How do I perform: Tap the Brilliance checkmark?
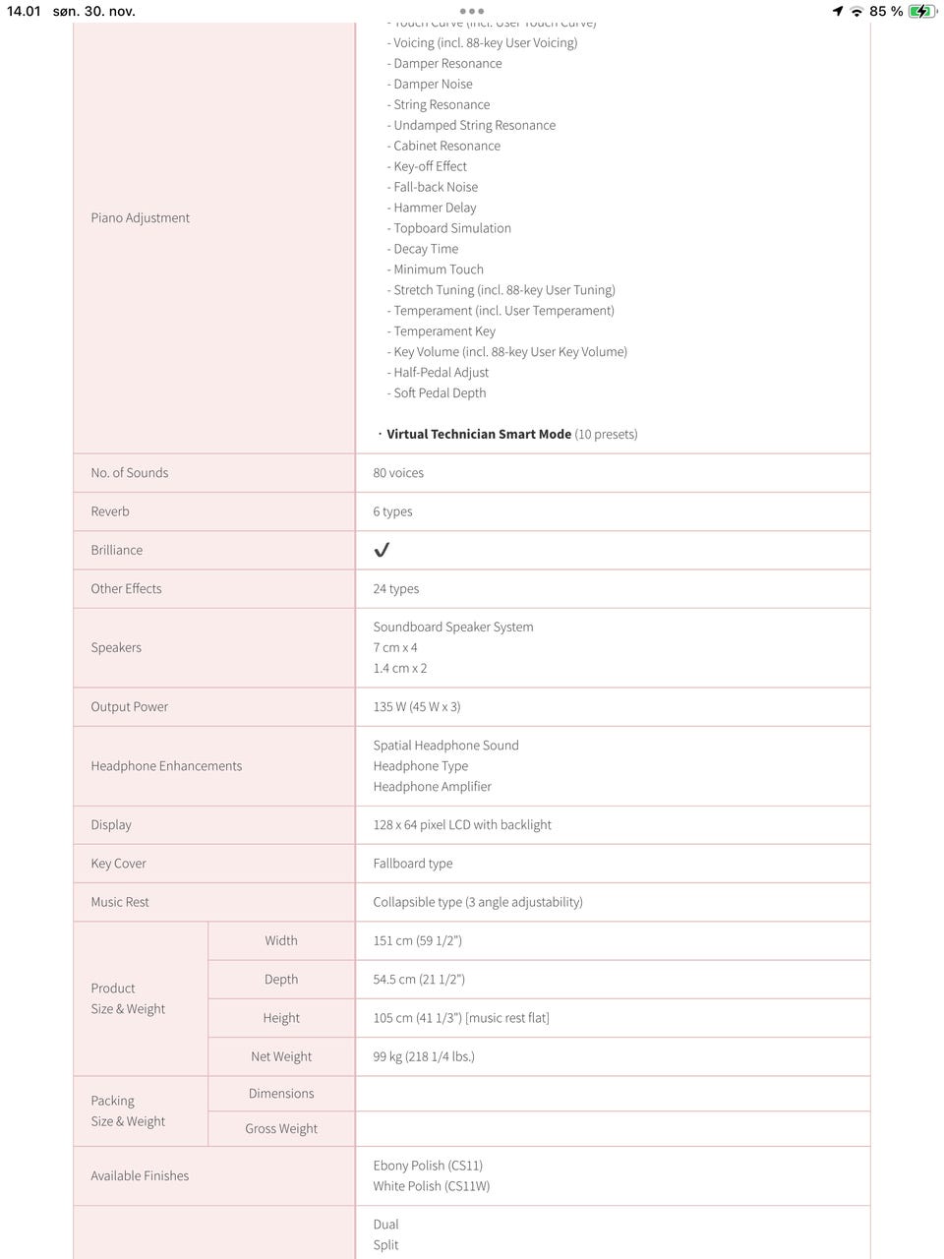(x=382, y=550)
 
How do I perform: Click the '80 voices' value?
(x=398, y=473)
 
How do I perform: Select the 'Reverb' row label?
(x=110, y=511)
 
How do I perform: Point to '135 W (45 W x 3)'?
(x=417, y=707)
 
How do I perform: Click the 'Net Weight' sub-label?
(x=281, y=1056)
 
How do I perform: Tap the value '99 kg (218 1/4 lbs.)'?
(x=424, y=1056)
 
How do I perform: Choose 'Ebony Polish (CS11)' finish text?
(x=428, y=1166)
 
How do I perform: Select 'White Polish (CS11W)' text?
(x=431, y=1186)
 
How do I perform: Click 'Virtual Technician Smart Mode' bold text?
(x=479, y=434)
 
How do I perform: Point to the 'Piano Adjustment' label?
(x=141, y=218)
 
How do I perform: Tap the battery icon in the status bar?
(x=922, y=12)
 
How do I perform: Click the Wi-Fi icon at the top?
(x=856, y=12)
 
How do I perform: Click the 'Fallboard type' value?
(x=413, y=864)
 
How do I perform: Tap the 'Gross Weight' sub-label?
(x=281, y=1128)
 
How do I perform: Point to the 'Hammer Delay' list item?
(x=435, y=208)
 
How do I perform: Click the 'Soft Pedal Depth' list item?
(x=440, y=393)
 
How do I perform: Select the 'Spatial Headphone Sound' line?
(x=445, y=746)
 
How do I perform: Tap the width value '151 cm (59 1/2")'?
(x=417, y=940)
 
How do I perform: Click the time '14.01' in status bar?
(x=24, y=12)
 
